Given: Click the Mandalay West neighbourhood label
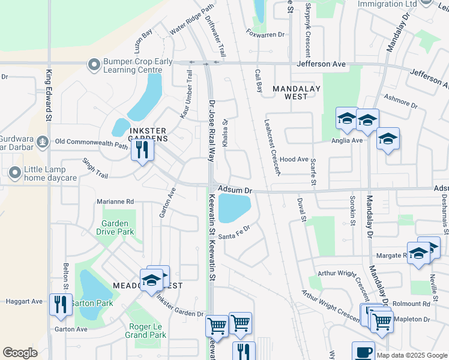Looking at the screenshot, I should click(x=296, y=92).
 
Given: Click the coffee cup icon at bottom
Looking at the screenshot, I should click(x=363, y=352).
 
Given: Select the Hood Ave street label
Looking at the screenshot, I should click(x=294, y=160).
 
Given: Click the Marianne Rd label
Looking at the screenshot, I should click(x=115, y=202).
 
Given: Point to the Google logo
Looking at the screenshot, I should click(x=20, y=353).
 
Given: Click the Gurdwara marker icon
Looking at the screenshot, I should click(x=42, y=142).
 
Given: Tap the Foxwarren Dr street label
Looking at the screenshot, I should click(x=266, y=35).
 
